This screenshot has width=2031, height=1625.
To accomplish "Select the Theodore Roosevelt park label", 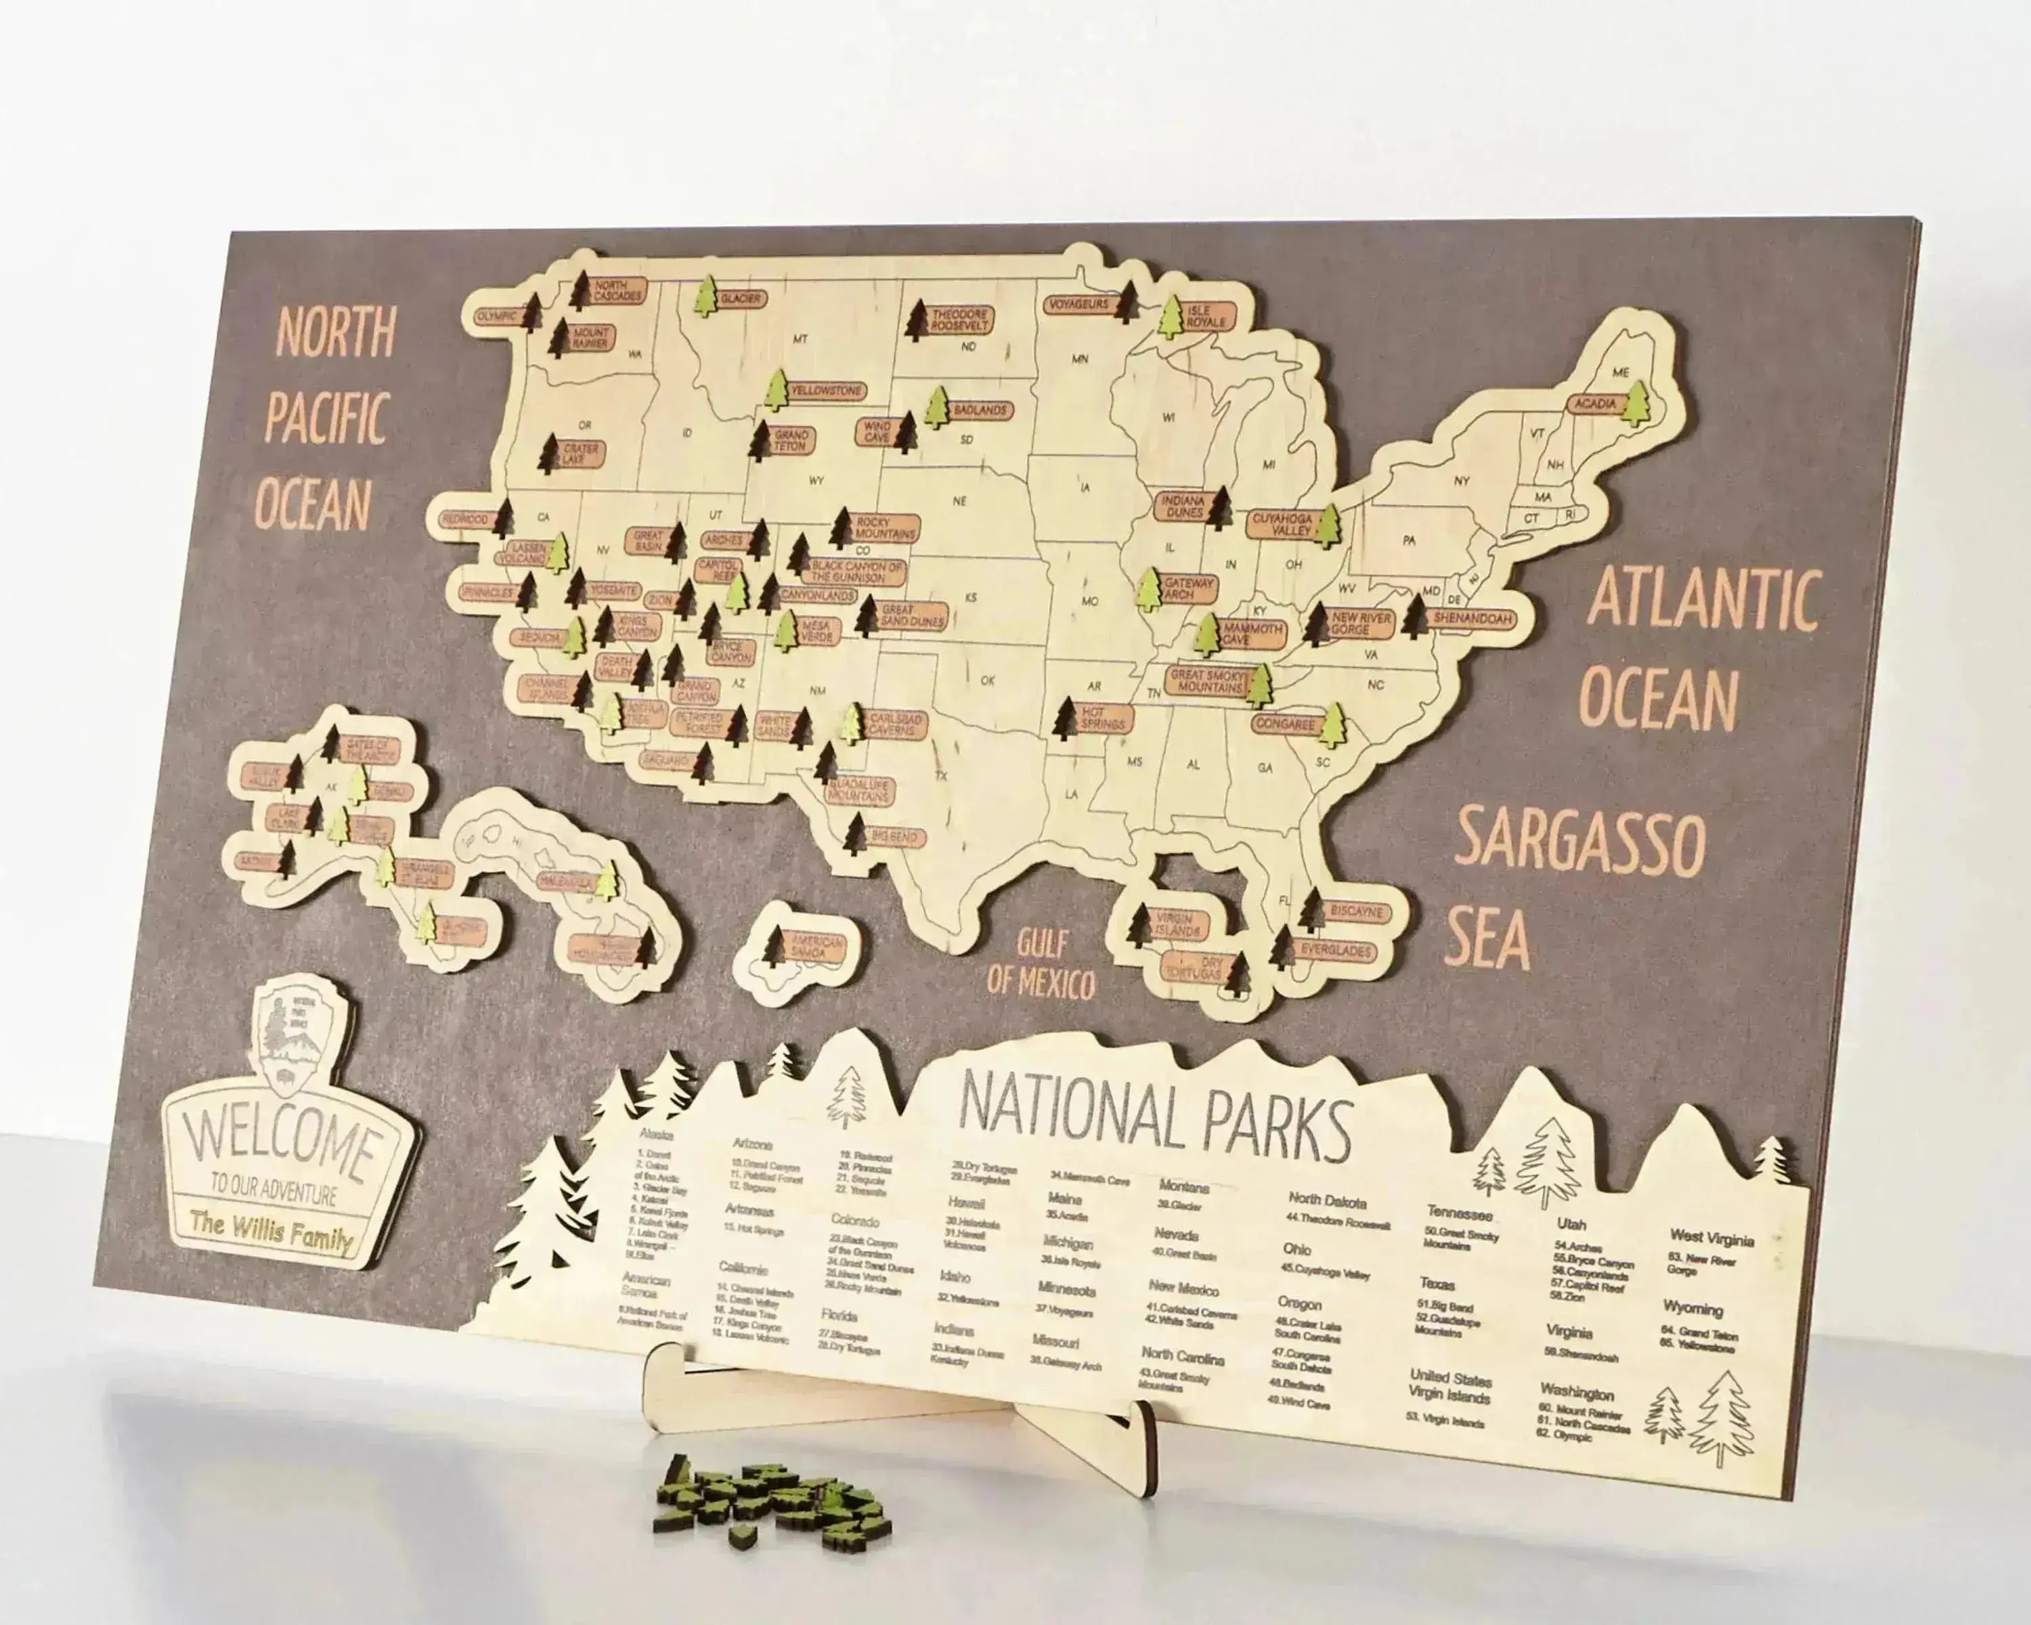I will (959, 320).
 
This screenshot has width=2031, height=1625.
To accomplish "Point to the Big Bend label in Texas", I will (893, 836).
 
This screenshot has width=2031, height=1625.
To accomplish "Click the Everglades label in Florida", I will (1335, 951).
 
